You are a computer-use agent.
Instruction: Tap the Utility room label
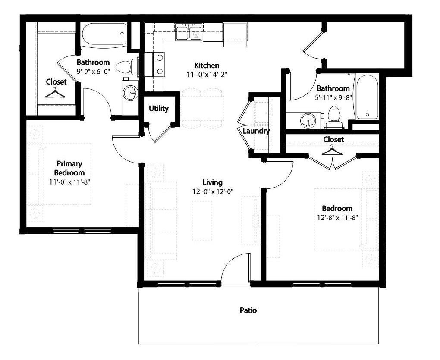tap(159, 109)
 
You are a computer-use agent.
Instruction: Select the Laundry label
tap(256, 131)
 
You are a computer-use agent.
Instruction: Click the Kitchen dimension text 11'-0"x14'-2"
tap(207, 74)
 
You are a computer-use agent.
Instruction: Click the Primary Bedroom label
tap(69, 168)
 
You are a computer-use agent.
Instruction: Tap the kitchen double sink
tap(189, 33)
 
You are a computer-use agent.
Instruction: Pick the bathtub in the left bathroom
tap(104, 34)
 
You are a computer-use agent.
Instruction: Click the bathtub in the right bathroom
tap(367, 97)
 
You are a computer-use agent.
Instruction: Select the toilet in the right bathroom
tap(334, 116)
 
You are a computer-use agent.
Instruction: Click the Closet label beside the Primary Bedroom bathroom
tap(57, 81)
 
